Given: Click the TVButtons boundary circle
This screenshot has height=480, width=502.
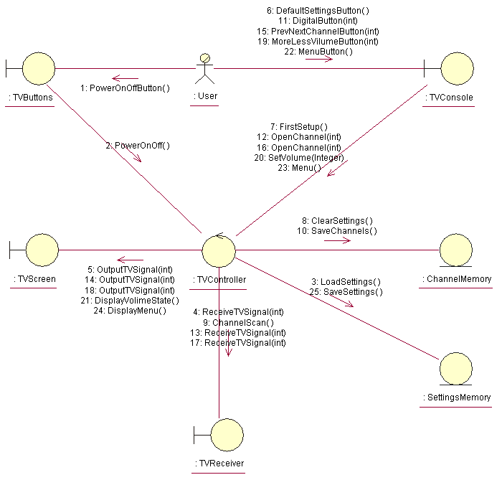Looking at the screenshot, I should [x=39, y=68].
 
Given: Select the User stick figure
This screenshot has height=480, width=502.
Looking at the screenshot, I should [x=205, y=69].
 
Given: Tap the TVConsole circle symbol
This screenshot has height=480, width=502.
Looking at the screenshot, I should [x=457, y=68].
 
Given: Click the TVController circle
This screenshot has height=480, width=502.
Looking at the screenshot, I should [x=219, y=250].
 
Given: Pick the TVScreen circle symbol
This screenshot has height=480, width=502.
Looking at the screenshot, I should [x=42, y=250].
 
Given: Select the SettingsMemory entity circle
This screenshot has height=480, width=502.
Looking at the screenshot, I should [x=456, y=369].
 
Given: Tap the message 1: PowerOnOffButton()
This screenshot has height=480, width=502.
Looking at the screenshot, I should [x=125, y=88].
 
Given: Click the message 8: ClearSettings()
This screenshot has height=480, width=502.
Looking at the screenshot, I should [x=337, y=221].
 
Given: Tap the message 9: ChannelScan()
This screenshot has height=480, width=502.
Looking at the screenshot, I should [x=238, y=323].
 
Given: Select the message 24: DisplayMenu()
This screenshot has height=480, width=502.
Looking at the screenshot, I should [x=130, y=311].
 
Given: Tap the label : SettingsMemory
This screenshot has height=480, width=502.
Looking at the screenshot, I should [x=457, y=397].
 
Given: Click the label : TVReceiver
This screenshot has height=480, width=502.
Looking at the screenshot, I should [x=219, y=463].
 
